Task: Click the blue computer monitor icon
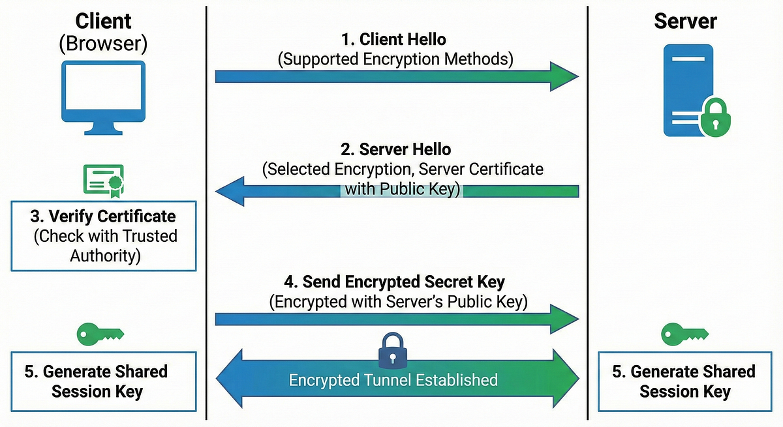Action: pyautogui.click(x=104, y=97)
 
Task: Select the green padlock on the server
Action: pyautogui.click(x=715, y=117)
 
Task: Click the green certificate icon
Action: pyautogui.click(x=104, y=181)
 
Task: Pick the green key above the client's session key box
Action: pyautogui.click(x=100, y=334)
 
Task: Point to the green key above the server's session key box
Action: pyautogui.click(x=684, y=334)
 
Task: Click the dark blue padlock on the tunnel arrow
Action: pyautogui.click(x=393, y=350)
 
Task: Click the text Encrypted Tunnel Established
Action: pyautogui.click(x=393, y=380)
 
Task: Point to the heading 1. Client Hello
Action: pyautogui.click(x=393, y=40)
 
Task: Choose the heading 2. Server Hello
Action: pyautogui.click(x=395, y=149)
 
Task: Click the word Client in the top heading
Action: pyautogui.click(x=103, y=21)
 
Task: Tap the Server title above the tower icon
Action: pyautogui.click(x=686, y=21)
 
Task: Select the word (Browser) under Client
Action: pyautogui.click(x=103, y=44)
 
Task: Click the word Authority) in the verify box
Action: pyautogui.click(x=105, y=256)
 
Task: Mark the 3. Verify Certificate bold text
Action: pyautogui.click(x=103, y=216)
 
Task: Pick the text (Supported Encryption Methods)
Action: pyautogui.click(x=395, y=59)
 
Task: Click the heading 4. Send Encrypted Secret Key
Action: pyautogui.click(x=394, y=282)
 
